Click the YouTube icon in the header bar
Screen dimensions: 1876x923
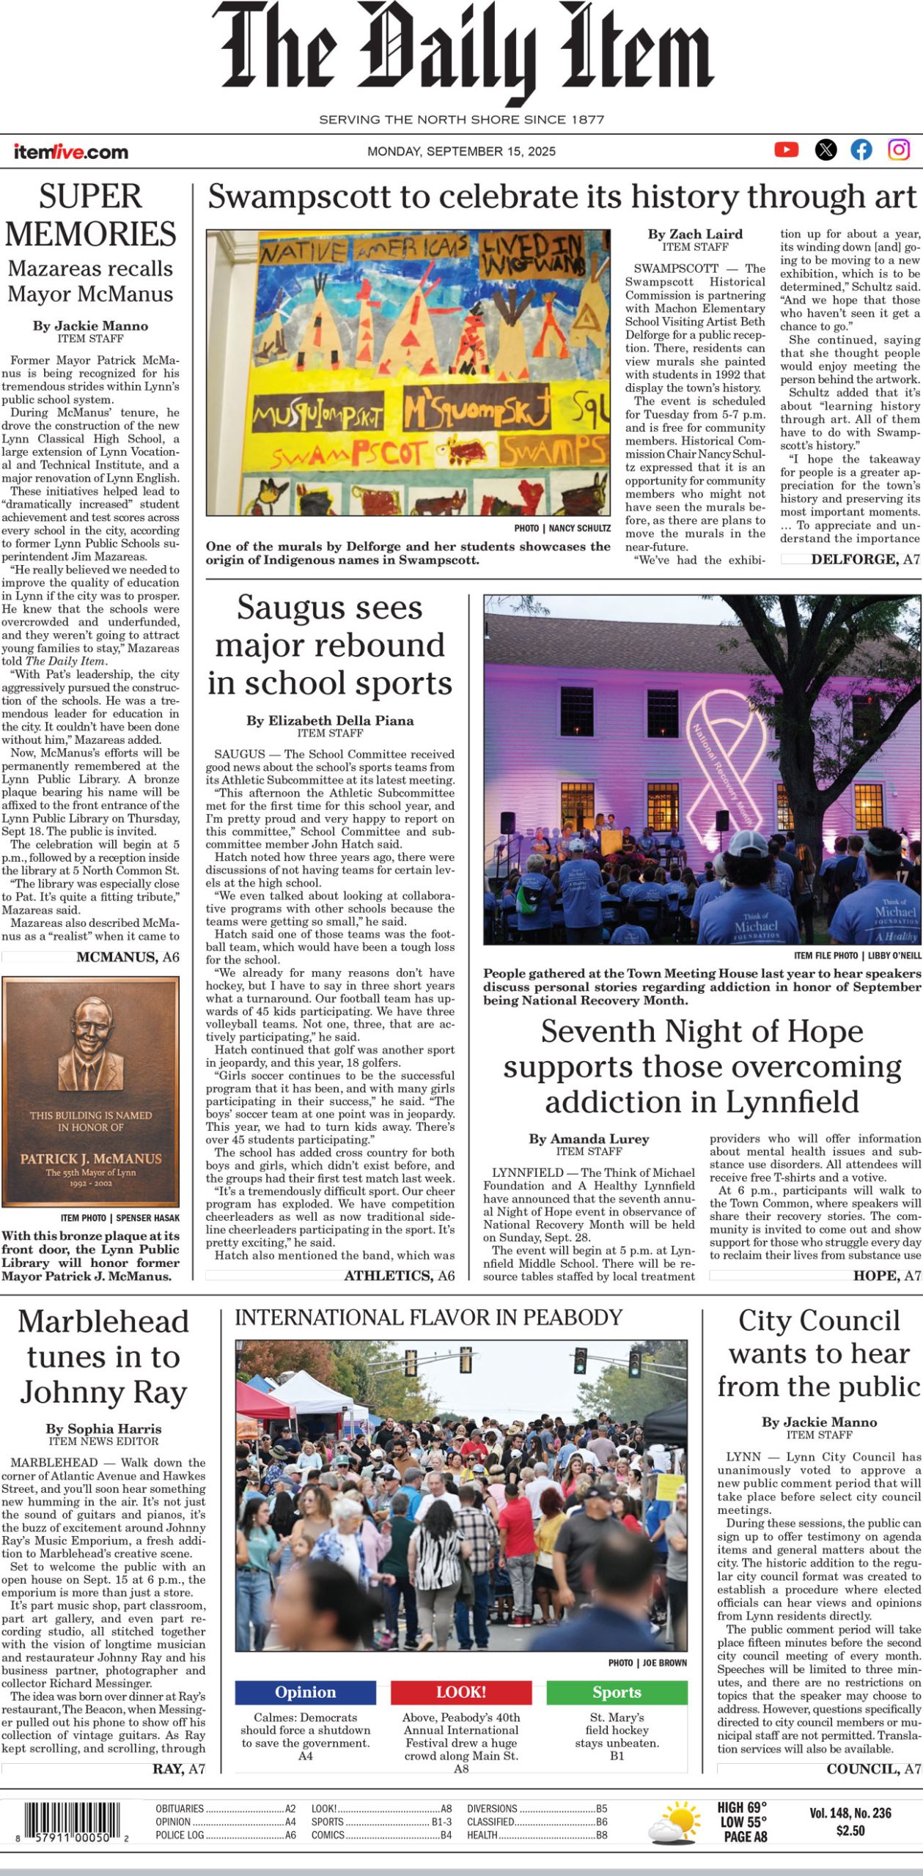(787, 149)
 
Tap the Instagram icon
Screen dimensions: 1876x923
(899, 149)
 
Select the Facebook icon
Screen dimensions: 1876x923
(861, 149)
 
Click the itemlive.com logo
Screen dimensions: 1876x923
(70, 152)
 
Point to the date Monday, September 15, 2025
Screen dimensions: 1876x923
(461, 152)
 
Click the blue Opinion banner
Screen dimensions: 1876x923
(305, 1692)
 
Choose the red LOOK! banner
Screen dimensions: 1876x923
(461, 1692)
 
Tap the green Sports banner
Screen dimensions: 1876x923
(617, 1692)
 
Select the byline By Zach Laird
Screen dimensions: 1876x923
(695, 234)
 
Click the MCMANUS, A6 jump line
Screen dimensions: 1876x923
(128, 957)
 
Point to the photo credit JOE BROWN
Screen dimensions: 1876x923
(664, 1663)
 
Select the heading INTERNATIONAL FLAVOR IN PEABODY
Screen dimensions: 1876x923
(428, 1318)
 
